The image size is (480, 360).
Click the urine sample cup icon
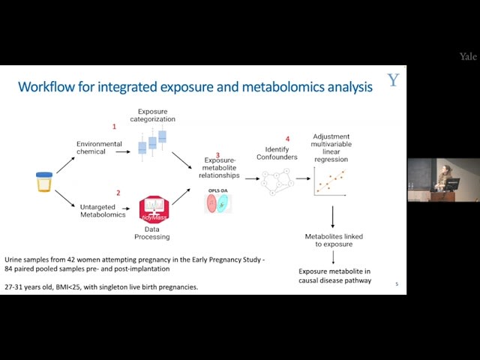(x=44, y=181)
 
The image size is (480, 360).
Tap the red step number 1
(x=114, y=127)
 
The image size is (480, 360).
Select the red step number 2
(x=118, y=193)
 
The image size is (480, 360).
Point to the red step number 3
(x=217, y=155)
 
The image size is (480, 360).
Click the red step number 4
(x=287, y=139)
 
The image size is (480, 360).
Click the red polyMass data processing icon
(x=154, y=208)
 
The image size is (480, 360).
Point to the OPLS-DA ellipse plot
(x=219, y=203)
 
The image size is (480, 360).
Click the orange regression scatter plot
(x=329, y=181)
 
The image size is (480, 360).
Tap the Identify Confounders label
(x=282, y=154)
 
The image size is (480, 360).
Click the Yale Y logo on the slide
(x=393, y=80)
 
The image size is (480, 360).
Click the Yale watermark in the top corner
(x=467, y=57)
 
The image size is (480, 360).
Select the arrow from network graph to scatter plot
(x=302, y=178)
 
